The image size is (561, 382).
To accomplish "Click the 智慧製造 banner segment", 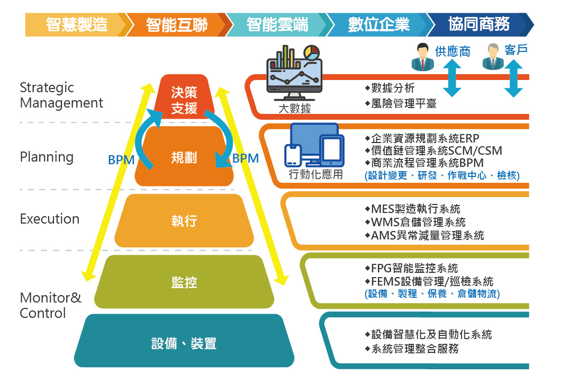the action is [76, 25].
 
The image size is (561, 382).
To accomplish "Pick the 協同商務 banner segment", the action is [479, 25].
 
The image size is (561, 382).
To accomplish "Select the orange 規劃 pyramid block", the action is [184, 157].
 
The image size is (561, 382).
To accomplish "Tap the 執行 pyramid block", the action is [184, 220].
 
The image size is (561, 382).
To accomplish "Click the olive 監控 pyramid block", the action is [184, 282].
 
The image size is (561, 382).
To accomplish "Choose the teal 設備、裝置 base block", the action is [184, 341].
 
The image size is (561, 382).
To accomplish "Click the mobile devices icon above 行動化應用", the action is [314, 145].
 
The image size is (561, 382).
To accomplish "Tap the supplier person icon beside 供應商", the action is [422, 57].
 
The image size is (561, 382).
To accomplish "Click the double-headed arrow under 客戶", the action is [514, 78].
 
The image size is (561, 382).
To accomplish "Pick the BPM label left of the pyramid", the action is [121, 159].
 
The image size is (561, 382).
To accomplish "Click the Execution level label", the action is [50, 219].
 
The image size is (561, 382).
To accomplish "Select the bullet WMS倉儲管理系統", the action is [415, 222].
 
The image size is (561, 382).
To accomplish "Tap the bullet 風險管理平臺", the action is [401, 104].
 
